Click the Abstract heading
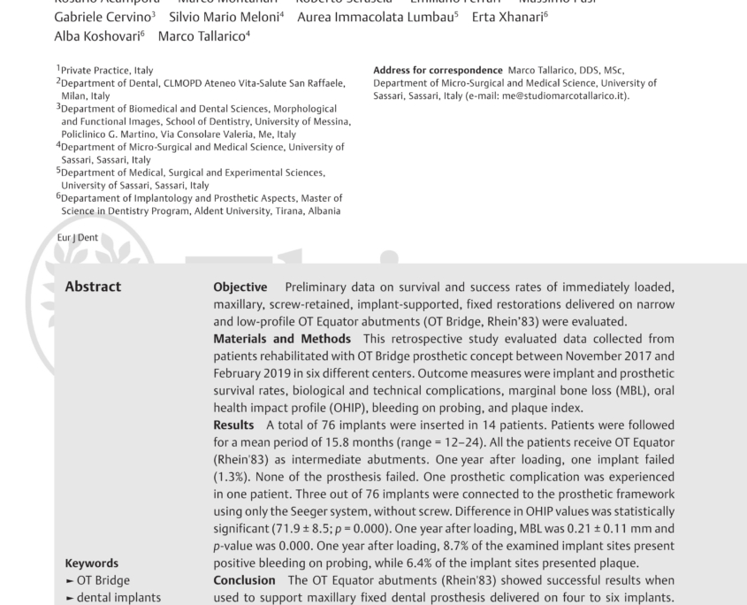[x=94, y=287]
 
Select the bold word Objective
[x=240, y=287]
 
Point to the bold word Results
[x=235, y=425]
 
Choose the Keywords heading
[x=92, y=563]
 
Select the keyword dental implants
[x=113, y=598]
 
